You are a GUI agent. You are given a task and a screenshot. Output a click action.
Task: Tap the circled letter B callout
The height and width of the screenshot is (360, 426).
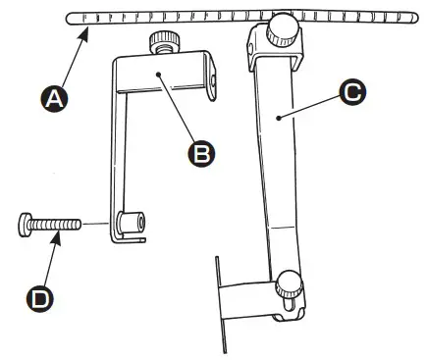click(202, 152)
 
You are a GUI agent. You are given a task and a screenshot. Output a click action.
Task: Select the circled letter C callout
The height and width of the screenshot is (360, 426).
click(350, 93)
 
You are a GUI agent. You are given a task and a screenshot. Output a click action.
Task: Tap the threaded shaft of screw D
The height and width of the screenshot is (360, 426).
click(53, 225)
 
